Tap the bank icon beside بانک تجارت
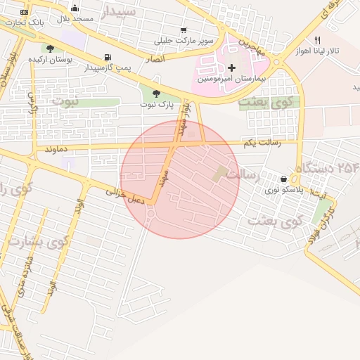pos(25,12)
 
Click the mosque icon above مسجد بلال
pos(75,8)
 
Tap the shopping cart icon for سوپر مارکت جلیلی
pos(184,30)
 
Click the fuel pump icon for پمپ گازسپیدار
pos(107,57)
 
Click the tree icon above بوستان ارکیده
pos(50,49)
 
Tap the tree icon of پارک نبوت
pos(155,94)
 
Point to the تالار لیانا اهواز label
pos(335,52)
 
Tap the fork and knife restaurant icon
pos(317,41)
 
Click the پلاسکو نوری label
pos(284,190)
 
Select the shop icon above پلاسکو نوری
pos(283,179)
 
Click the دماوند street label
pos(55,150)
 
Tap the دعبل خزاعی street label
pos(125,195)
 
